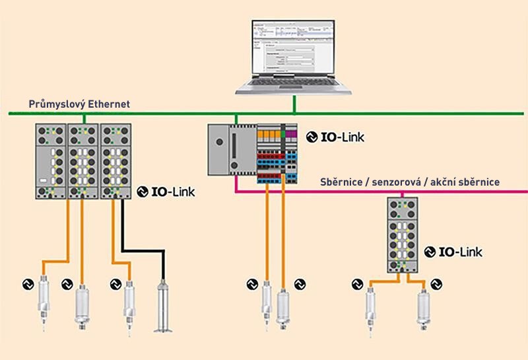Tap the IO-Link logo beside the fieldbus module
453,252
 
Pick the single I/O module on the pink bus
403,234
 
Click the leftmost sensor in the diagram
42,301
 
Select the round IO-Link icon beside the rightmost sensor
437,284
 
